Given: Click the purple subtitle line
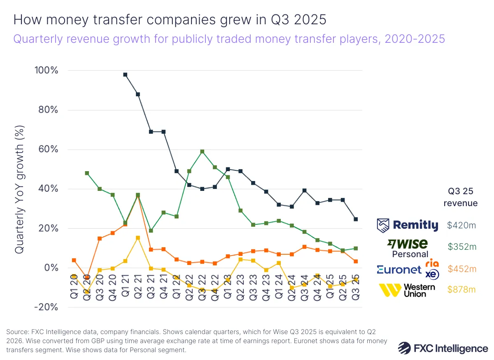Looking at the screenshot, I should pos(229,39).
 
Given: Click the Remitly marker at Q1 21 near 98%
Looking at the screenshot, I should pos(125,74).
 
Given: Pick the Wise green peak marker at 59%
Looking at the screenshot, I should pos(202,151).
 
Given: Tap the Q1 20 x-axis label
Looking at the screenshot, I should pos(74,289).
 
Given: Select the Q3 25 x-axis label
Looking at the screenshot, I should pos(355,289).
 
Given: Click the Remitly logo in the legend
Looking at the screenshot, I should pos(408,225).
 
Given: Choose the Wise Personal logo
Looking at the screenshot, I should pos(408,247).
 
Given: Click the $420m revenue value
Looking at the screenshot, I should pos(461,225).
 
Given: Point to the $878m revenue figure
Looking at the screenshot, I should pos(461,290).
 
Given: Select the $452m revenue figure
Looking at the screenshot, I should pos(461,269).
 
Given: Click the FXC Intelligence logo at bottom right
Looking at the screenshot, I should pos(443,348).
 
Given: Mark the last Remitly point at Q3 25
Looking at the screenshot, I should pos(356,219).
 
